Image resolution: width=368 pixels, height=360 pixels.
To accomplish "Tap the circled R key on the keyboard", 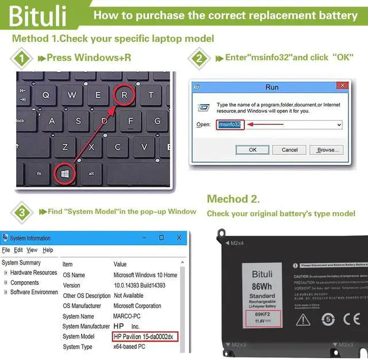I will click(124, 95).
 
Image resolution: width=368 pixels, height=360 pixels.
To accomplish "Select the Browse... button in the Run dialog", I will click(327, 150).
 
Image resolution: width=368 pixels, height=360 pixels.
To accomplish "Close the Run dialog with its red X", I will click(343, 87).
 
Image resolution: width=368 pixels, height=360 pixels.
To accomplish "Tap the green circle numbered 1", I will click(22, 58).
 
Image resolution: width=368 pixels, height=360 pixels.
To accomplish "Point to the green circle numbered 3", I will click(21, 212).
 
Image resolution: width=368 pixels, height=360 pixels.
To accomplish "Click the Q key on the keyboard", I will click(45, 95).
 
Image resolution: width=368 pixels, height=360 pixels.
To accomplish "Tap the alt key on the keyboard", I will click(91, 173).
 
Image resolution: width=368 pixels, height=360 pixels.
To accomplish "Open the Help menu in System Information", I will click(48, 250).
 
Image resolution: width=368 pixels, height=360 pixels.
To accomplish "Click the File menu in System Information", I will click(6, 250).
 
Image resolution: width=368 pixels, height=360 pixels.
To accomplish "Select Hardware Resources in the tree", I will click(33, 273).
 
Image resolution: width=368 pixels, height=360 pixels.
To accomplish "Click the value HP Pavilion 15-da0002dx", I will click(146, 336).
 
